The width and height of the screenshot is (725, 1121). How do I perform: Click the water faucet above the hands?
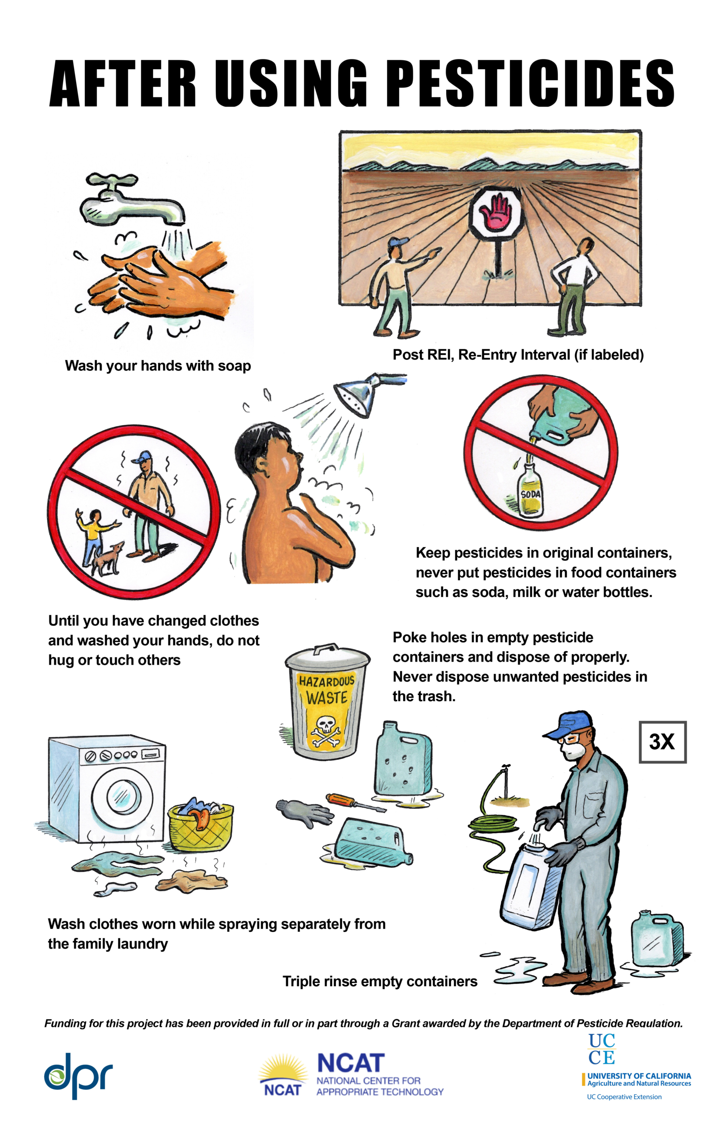click(127, 200)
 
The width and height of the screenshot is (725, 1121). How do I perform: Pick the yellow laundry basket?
click(201, 826)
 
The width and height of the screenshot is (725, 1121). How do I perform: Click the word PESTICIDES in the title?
click(532, 83)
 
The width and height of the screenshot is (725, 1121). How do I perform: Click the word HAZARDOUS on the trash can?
click(327, 681)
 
